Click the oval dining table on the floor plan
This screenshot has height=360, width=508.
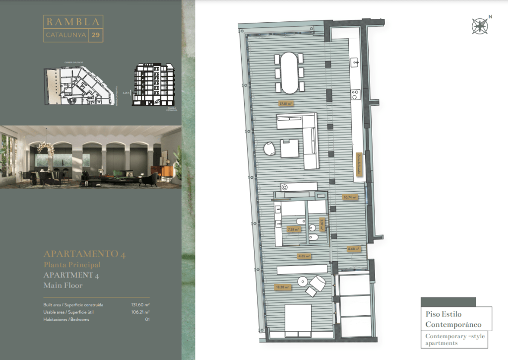tap(290, 72)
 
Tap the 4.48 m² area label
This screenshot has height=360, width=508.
tap(353, 249)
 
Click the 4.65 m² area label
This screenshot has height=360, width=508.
tap(304, 256)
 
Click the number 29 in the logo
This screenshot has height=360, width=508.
tap(96, 35)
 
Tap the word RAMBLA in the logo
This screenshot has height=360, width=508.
tap(73, 22)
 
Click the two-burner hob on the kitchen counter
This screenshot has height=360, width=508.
tap(356, 94)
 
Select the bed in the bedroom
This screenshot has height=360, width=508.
tap(298, 321)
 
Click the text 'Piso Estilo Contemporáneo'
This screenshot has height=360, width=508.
tap(453, 319)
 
